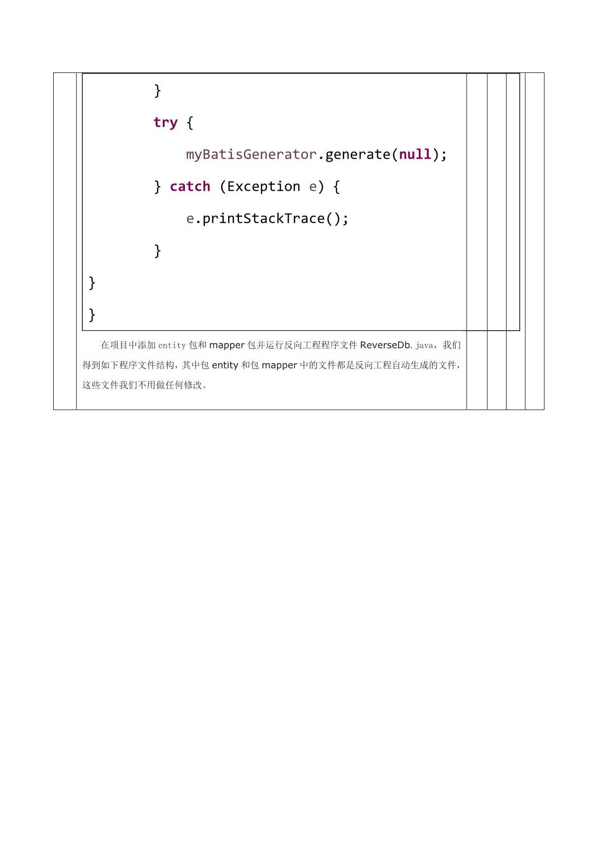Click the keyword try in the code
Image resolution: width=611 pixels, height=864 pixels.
pyautogui.click(x=165, y=122)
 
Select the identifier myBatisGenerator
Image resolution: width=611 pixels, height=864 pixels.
pyautogui.click(x=251, y=155)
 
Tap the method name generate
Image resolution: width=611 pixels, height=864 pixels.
pyautogui.click(x=358, y=155)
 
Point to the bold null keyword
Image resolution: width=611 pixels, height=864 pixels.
pyautogui.click(x=415, y=155)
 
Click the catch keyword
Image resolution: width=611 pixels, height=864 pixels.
pyautogui.click(x=190, y=187)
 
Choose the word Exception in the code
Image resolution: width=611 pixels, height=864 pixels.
pyautogui.click(x=264, y=187)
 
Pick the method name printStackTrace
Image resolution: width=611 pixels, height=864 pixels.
pyautogui.click(x=264, y=219)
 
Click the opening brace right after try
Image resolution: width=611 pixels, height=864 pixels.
pyautogui.click(x=190, y=123)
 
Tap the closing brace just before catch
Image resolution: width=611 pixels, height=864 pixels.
pyautogui.click(x=157, y=187)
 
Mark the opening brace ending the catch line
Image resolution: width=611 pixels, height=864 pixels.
pyautogui.click(x=337, y=187)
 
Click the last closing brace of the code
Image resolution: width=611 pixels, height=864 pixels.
pyautogui.click(x=92, y=314)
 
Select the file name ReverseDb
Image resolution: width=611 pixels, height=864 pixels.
pyautogui.click(x=385, y=345)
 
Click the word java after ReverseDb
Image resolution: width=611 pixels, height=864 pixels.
pyautogui.click(x=424, y=346)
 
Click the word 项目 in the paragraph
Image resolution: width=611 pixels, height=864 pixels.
pyautogui.click(x=115, y=345)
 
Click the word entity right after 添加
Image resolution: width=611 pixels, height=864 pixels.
pyautogui.click(x=172, y=346)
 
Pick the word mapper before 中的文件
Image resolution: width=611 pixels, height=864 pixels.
pyautogui.click(x=279, y=365)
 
